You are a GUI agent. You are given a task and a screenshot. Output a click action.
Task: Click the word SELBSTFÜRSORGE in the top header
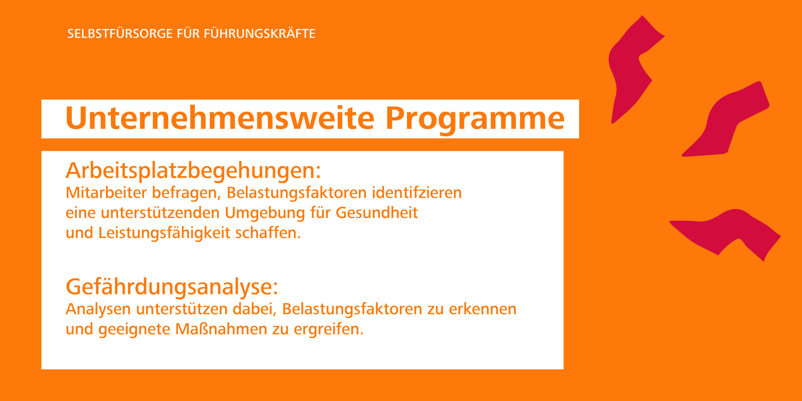pos(120,34)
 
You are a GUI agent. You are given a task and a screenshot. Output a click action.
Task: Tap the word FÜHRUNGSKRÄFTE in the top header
pos(260,34)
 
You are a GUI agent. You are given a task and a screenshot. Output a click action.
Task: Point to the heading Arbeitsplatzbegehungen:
pos(193,172)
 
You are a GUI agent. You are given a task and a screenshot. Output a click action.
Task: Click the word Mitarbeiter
pos(106,193)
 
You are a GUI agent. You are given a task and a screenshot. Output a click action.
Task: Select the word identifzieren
pos(417,193)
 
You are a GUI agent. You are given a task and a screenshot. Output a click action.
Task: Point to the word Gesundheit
pos(377,213)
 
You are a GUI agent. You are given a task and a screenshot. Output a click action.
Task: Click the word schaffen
pos(268,233)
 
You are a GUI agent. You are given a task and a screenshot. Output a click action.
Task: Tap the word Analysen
pos(98,310)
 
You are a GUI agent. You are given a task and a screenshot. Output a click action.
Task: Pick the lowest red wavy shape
pos(727,233)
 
